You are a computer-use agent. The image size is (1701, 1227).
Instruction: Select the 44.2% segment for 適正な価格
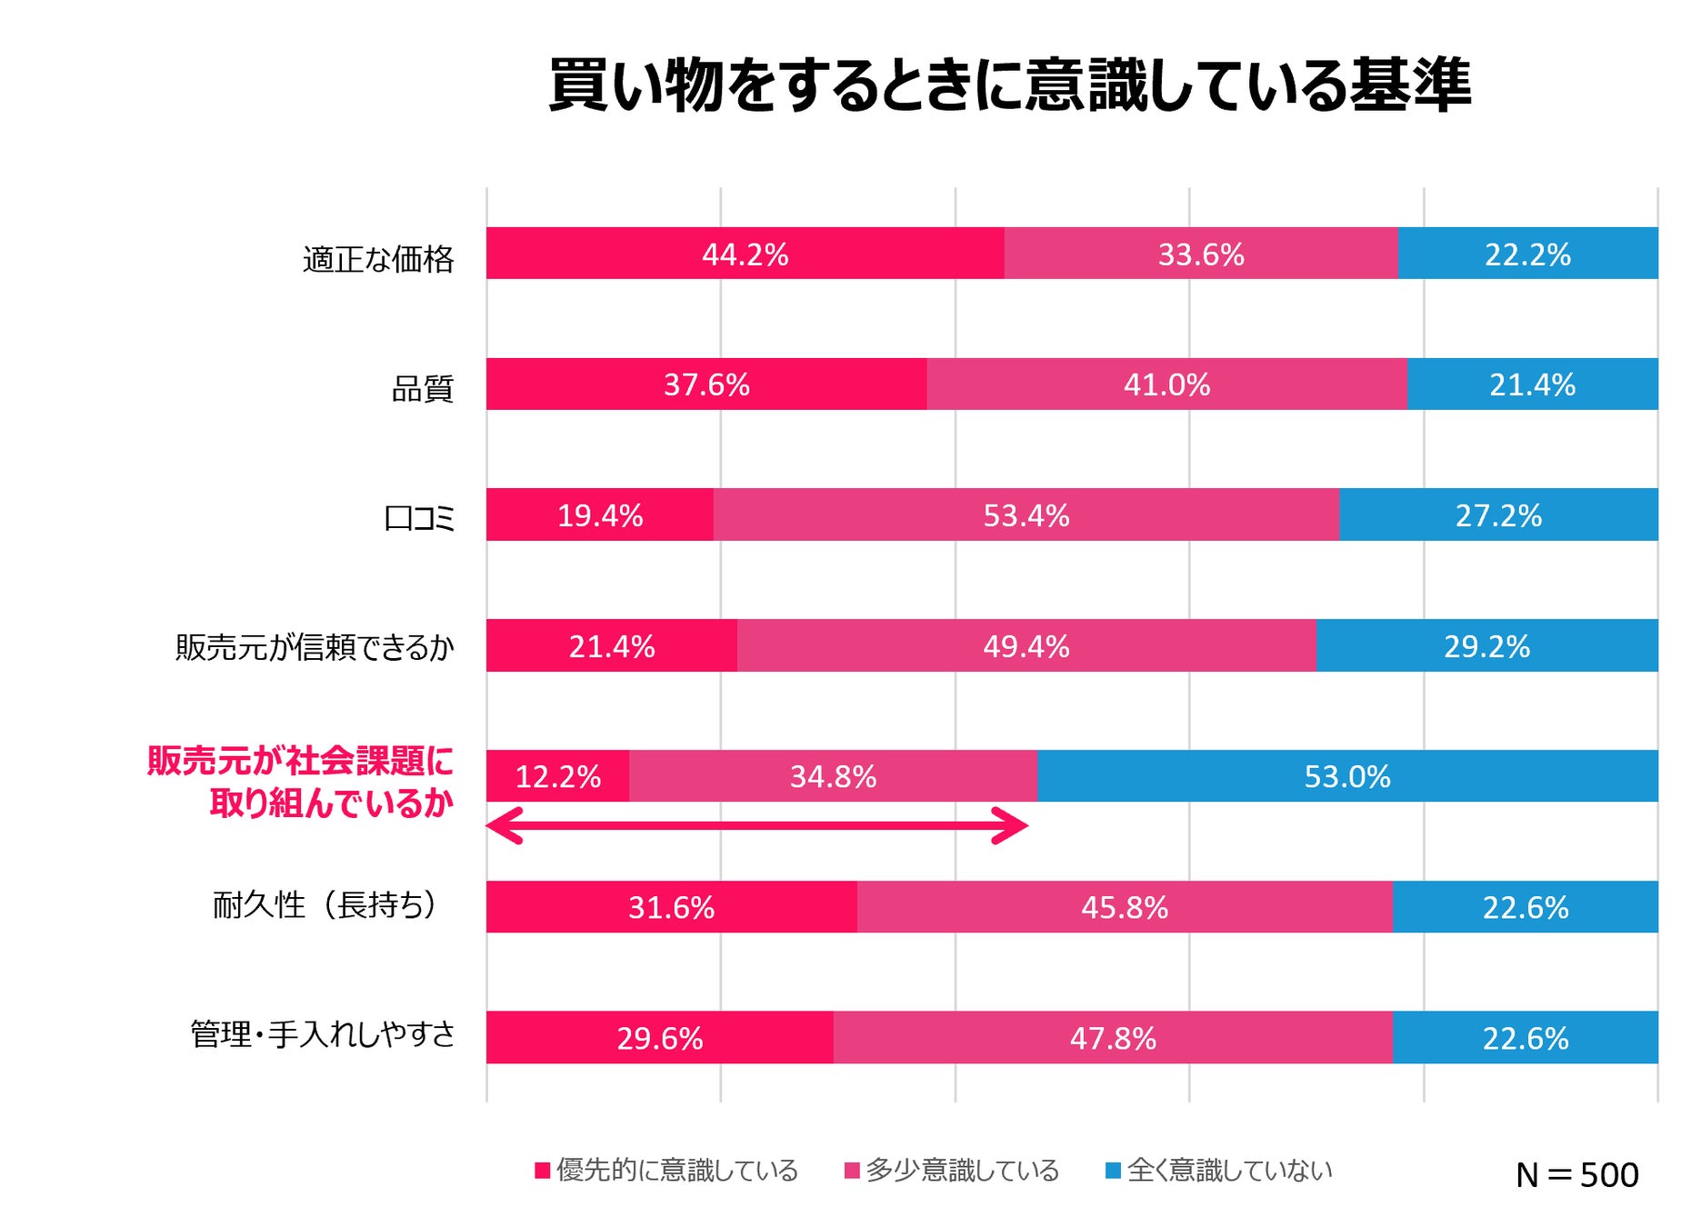(x=745, y=254)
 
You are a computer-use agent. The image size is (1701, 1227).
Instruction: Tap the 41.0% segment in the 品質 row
(x=1166, y=384)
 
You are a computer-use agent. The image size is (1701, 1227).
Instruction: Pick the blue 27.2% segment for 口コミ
(x=1498, y=515)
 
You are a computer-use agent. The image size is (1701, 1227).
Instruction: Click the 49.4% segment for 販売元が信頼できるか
(x=1026, y=646)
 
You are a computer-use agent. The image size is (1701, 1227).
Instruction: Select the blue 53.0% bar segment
(x=1346, y=776)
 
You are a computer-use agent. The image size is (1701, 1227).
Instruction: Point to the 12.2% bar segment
(x=557, y=776)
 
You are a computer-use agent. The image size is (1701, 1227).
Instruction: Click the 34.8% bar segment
(x=833, y=776)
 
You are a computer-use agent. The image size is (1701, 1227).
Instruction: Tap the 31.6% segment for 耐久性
(x=671, y=907)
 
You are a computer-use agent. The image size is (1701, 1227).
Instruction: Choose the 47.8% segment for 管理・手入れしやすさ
(x=1113, y=1038)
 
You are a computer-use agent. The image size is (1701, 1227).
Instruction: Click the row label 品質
(x=422, y=389)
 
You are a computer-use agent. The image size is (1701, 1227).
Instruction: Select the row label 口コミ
(x=419, y=519)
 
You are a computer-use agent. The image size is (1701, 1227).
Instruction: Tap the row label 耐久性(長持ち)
(x=325, y=905)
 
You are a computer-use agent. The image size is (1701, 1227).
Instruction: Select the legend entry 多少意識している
(x=952, y=1170)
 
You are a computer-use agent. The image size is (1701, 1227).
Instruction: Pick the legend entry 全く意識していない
(x=1219, y=1170)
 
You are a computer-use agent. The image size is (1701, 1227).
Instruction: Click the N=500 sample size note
(x=1576, y=1175)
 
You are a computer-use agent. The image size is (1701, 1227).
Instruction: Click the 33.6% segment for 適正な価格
(x=1200, y=254)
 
